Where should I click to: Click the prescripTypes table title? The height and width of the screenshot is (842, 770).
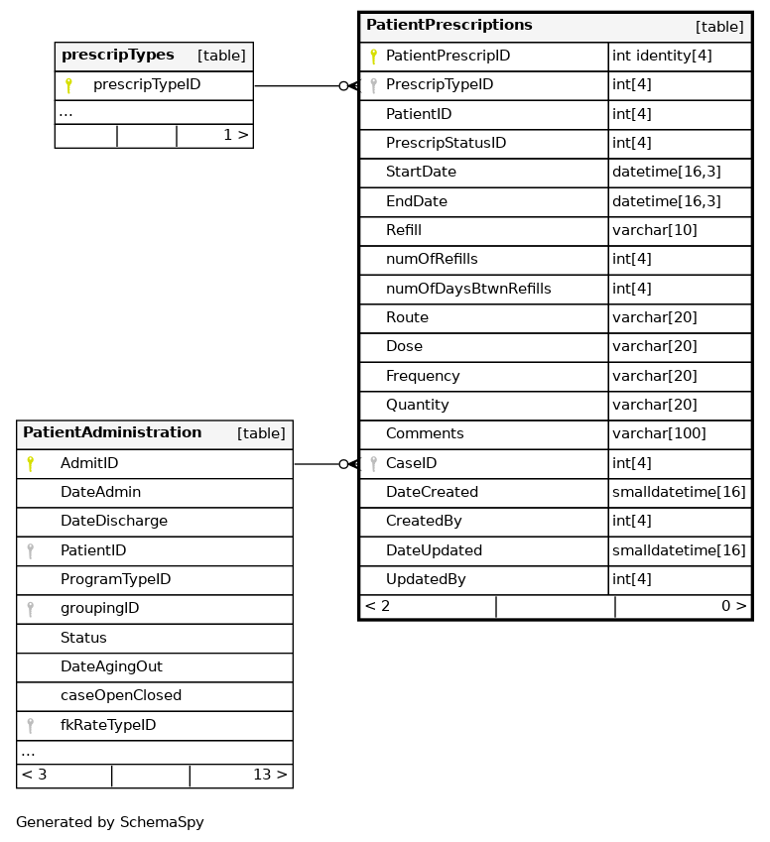click(118, 56)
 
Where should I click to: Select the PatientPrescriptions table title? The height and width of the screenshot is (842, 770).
click(449, 26)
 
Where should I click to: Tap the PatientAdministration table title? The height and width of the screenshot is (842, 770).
click(112, 433)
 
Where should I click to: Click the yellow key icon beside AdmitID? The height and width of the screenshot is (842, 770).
click(31, 464)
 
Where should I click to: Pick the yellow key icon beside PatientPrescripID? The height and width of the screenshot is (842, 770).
click(373, 57)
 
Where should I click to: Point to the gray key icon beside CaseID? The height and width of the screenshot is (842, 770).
click(373, 463)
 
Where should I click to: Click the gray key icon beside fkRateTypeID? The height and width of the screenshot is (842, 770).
click(31, 726)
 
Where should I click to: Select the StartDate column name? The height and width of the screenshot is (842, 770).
click(421, 173)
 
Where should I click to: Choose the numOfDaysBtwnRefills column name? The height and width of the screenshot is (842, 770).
click(468, 289)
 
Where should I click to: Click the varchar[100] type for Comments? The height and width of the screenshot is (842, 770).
click(659, 434)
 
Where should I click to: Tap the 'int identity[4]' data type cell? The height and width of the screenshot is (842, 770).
click(662, 57)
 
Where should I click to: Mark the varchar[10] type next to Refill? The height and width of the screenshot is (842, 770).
click(655, 231)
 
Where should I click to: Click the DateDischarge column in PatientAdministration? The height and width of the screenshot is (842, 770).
click(114, 522)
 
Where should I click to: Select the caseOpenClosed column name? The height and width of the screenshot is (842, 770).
click(121, 696)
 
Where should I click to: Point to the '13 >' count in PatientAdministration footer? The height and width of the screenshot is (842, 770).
click(270, 776)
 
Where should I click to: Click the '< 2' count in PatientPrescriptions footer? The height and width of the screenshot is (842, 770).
click(378, 606)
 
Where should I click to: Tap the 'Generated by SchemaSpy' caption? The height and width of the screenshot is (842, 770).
click(110, 822)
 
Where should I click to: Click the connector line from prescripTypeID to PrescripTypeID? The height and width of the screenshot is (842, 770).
click(298, 86)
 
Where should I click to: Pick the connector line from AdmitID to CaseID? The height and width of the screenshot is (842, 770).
click(318, 464)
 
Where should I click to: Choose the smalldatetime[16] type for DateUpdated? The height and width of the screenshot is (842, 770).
click(679, 550)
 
